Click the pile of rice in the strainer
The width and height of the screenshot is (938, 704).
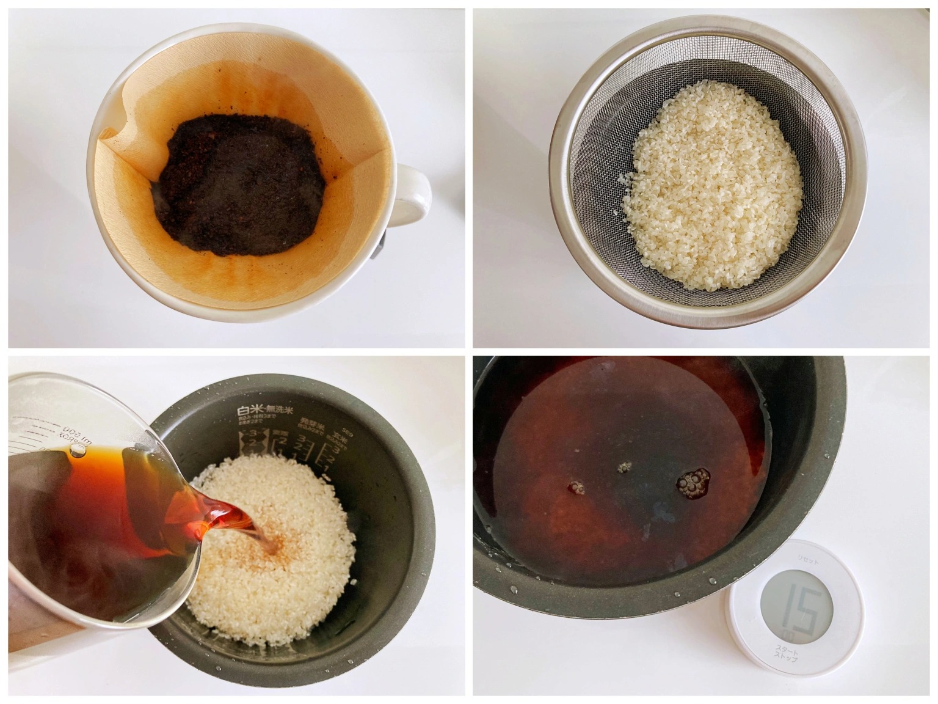(x=711, y=183)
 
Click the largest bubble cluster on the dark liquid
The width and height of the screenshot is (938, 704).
(x=693, y=480)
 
